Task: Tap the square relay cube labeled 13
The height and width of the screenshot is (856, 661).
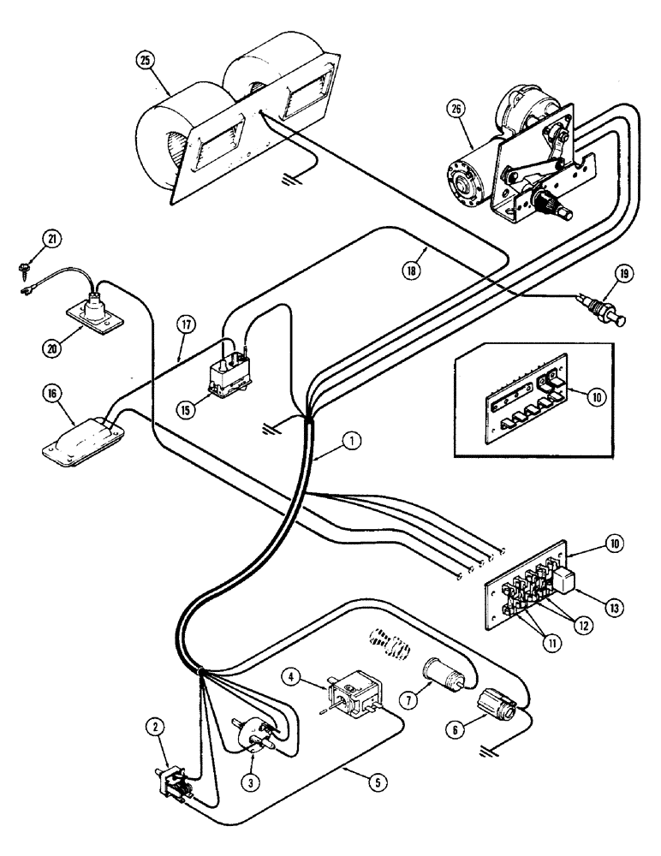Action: tap(567, 584)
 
